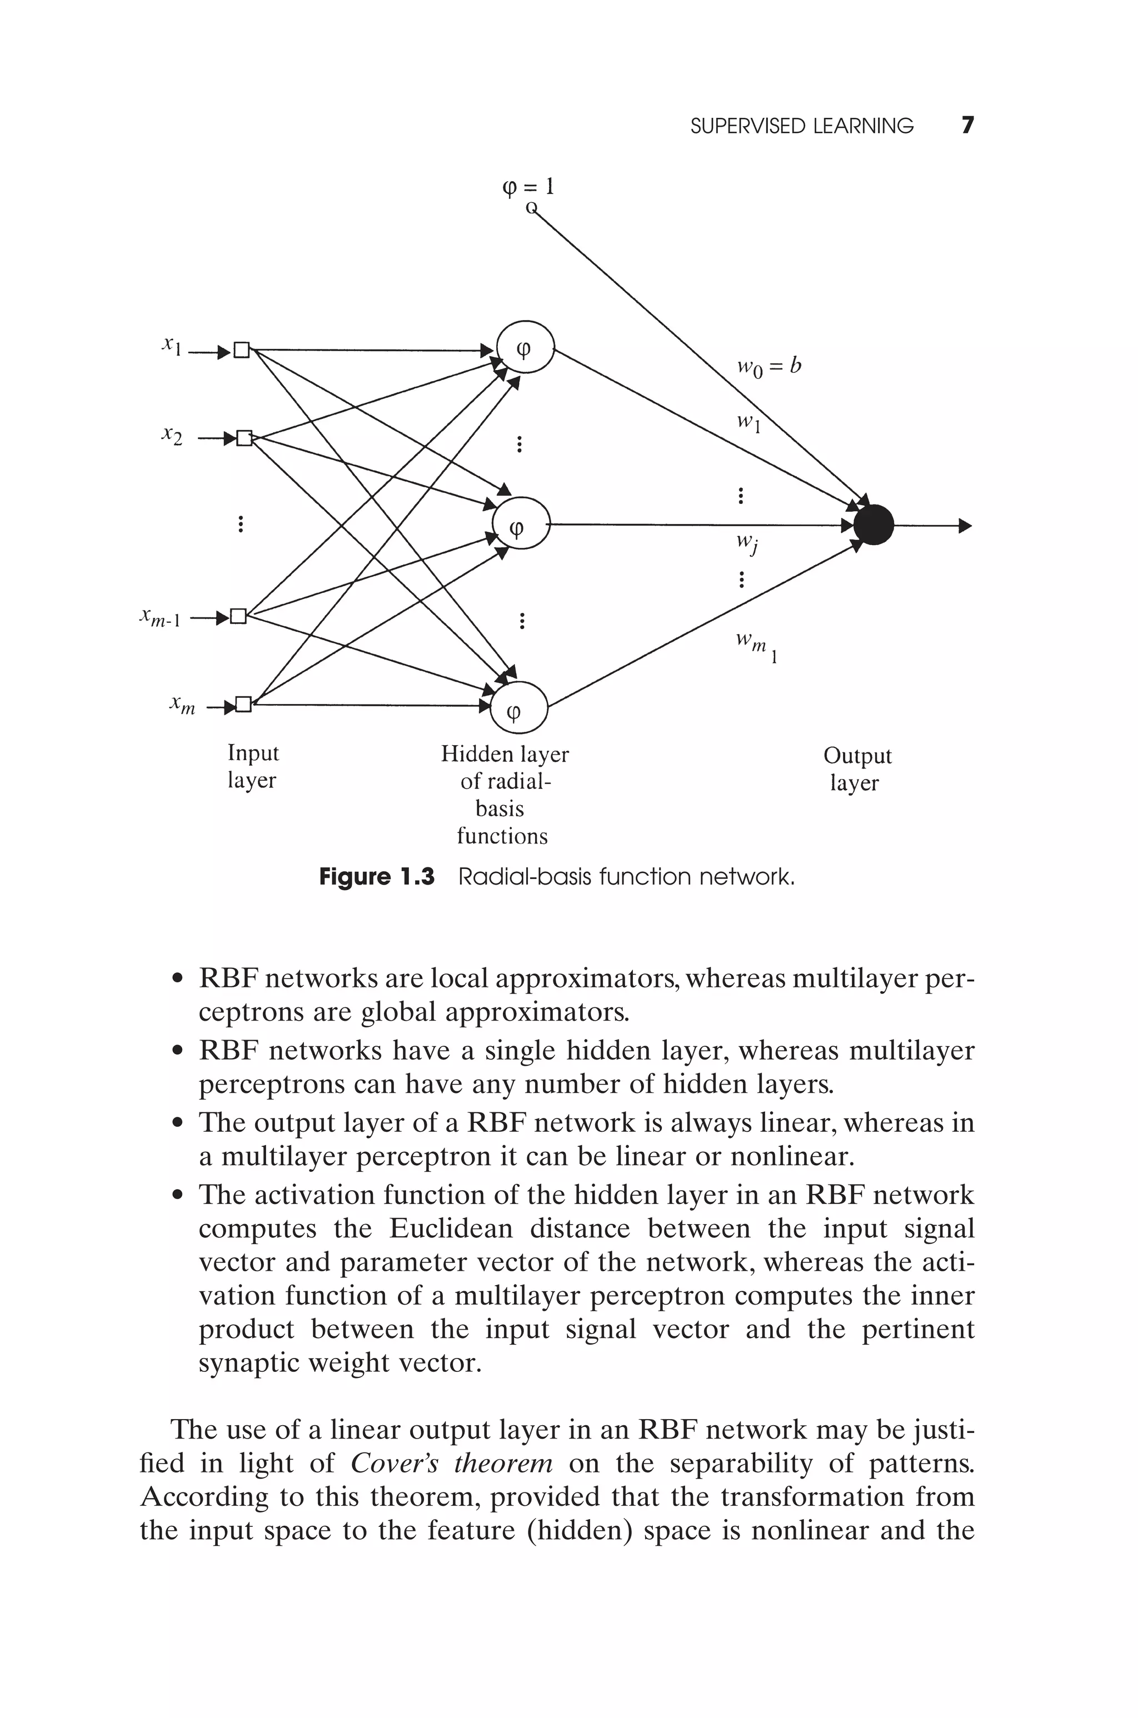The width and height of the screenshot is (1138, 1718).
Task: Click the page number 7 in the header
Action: [967, 126]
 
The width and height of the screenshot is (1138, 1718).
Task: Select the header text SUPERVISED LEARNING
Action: [801, 126]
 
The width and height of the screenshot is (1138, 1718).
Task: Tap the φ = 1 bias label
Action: [528, 187]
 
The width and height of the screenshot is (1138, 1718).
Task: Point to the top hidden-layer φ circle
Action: [525, 347]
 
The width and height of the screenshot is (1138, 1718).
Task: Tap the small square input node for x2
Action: [244, 438]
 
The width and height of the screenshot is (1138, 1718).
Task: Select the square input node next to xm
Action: [243, 704]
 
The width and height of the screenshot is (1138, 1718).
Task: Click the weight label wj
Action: [747, 543]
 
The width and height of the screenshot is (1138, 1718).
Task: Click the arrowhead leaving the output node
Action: [964, 525]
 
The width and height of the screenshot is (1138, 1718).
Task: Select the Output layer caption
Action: [856, 769]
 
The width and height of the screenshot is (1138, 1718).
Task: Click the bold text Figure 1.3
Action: [377, 877]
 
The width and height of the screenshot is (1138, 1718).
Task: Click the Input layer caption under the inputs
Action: [253, 766]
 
